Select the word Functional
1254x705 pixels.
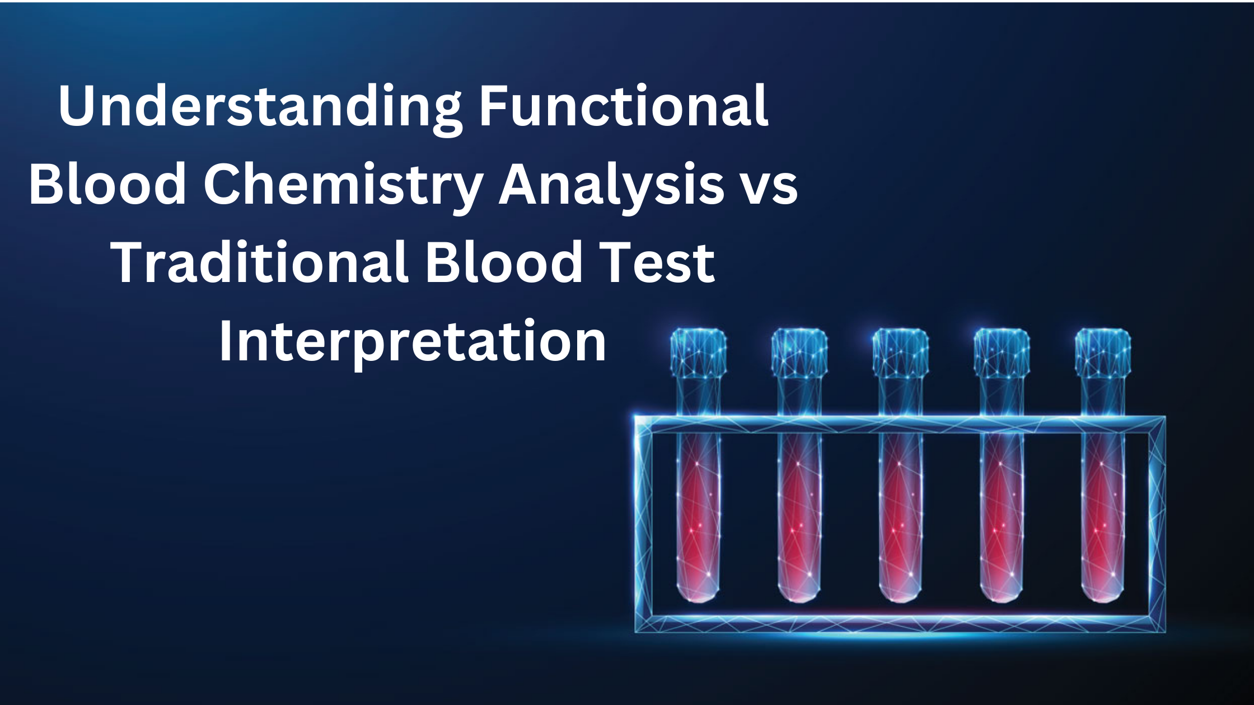[623, 106]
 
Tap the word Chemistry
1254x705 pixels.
[343, 185]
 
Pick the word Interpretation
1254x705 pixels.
[413, 341]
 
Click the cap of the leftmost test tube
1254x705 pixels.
[698, 352]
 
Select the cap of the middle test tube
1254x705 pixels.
[900, 352]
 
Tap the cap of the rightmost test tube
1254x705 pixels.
[1102, 352]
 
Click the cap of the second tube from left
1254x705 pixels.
[799, 352]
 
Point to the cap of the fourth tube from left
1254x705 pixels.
[1001, 352]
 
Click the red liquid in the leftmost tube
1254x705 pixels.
[698, 520]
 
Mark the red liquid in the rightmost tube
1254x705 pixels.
[1102, 520]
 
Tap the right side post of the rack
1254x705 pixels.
[1157, 523]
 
